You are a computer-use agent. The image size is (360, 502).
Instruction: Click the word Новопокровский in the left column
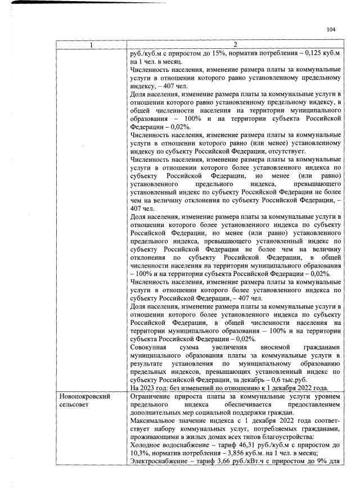(85, 396)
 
